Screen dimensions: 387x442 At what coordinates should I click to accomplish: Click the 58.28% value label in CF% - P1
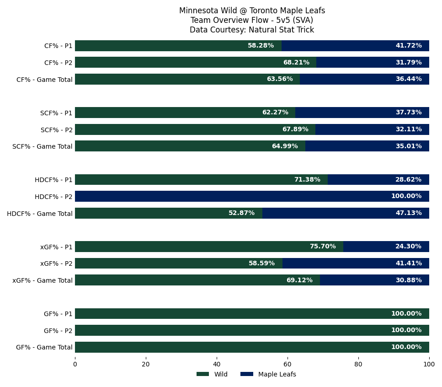[x=261, y=46]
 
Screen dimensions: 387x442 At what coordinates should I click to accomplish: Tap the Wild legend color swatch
[x=202, y=374]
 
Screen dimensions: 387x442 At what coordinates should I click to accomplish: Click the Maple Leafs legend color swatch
[x=246, y=374]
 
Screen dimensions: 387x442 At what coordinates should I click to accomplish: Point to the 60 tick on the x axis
[x=288, y=365]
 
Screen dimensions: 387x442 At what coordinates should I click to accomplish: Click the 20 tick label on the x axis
[x=146, y=365]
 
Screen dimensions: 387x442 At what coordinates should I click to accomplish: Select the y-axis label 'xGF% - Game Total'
[x=43, y=280]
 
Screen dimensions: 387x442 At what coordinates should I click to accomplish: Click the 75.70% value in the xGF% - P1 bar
[x=323, y=247]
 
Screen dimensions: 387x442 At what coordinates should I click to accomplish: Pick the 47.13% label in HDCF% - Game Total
[x=408, y=213]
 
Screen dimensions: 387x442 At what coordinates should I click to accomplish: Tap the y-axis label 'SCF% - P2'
[x=57, y=130]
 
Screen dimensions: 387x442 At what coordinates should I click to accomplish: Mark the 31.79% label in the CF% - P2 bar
[x=408, y=63]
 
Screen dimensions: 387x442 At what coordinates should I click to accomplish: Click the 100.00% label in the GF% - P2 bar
[x=406, y=330]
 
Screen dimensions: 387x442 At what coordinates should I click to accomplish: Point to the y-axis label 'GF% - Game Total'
[x=44, y=347]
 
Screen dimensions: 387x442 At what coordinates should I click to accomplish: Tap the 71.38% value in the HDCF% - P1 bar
[x=307, y=180]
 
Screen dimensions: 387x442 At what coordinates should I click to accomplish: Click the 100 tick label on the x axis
[x=429, y=365]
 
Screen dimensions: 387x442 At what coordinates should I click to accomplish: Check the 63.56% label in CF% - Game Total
[x=280, y=79]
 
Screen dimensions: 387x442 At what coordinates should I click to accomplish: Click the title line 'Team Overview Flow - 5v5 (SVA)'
[x=252, y=20]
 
